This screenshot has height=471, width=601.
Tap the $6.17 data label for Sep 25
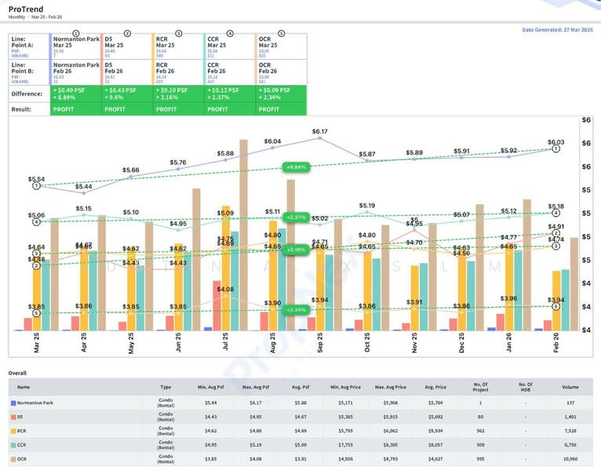coord(320,131)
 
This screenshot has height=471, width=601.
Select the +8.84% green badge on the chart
coord(294,167)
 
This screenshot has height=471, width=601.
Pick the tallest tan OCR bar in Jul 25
coord(244,235)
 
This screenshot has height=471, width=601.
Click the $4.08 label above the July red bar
coord(224,290)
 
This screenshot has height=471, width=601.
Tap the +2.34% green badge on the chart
coord(294,310)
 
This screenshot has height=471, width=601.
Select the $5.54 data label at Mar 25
coord(37,179)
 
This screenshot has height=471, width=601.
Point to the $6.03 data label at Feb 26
coord(555,142)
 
